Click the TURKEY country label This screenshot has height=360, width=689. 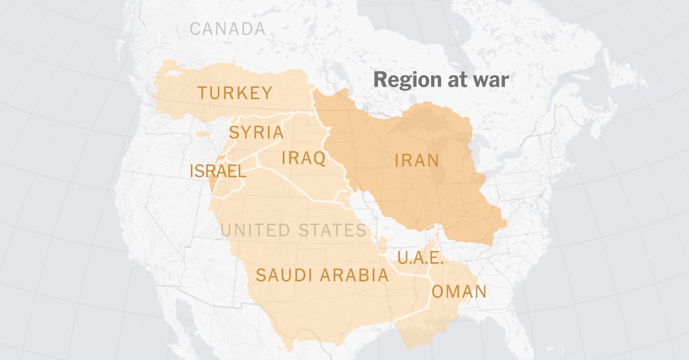235,93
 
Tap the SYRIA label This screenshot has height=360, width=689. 256,132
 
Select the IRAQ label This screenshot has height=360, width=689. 303,158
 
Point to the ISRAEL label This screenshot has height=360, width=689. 218,172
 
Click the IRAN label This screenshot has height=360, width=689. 417,160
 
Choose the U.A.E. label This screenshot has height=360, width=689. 421,257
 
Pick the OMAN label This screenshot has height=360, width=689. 459,292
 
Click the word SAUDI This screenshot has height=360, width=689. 284,275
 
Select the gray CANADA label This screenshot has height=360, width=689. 228,29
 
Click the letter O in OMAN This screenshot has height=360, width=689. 438,292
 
